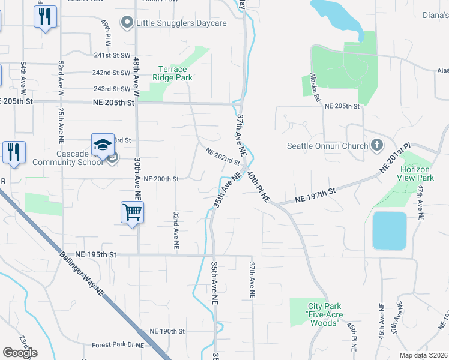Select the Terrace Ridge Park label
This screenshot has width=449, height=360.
point(172,73)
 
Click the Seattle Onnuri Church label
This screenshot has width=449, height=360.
point(327,146)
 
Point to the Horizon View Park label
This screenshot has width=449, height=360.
point(415,173)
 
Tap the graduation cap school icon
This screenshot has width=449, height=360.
point(103,145)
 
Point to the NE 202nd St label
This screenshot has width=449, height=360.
point(223,157)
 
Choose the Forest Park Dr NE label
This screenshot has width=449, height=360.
point(118,345)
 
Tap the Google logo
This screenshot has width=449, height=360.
point(19,353)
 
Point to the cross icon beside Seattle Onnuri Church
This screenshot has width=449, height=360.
point(376,145)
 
